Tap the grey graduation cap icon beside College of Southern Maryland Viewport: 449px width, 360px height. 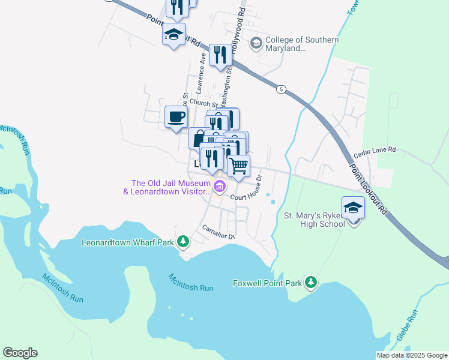click(256, 42)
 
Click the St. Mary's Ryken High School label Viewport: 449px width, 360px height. click(314, 220)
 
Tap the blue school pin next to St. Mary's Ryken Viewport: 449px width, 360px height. click(353, 209)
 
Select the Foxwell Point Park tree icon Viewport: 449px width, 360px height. click(310, 282)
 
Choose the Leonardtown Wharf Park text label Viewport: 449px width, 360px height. click(128, 243)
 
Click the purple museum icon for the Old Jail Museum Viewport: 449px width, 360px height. click(220, 187)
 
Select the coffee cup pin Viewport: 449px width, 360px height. click(176, 116)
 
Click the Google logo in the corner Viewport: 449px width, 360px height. click(20, 353)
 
